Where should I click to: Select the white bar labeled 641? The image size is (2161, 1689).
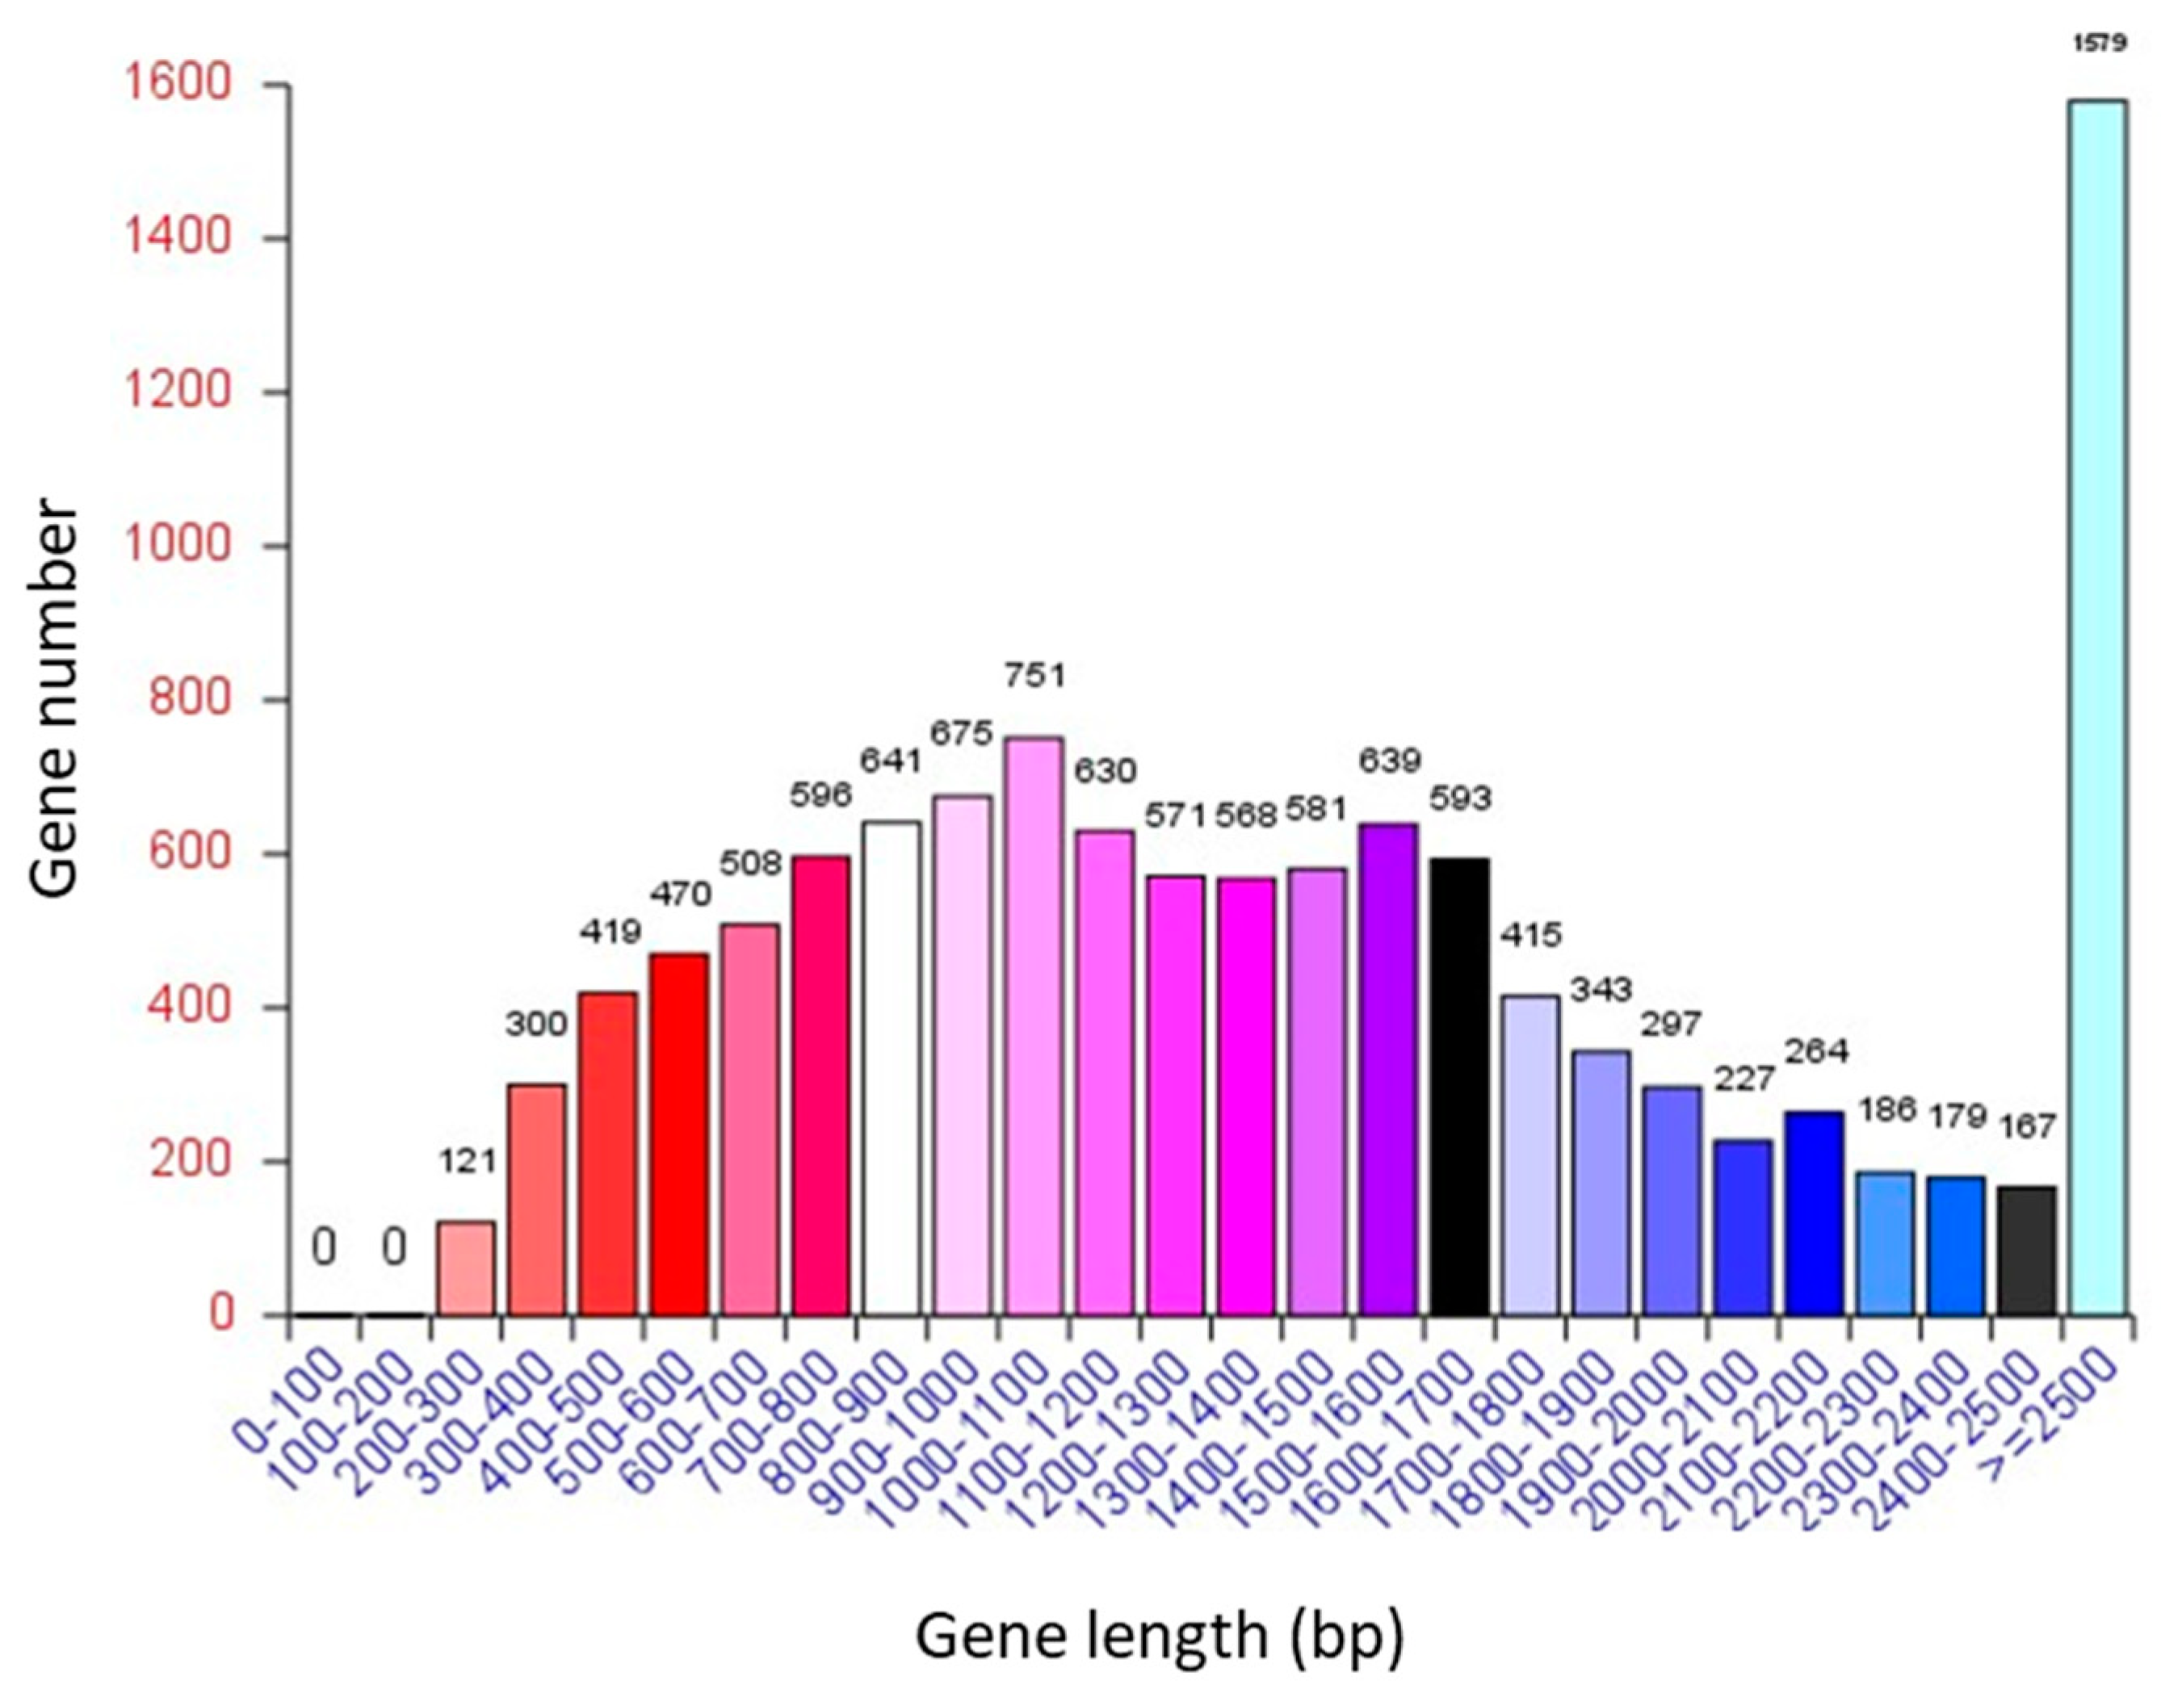click(x=891, y=1069)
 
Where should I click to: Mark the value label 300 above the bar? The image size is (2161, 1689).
click(x=536, y=1023)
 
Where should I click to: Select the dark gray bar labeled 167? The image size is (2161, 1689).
click(x=2026, y=1251)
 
